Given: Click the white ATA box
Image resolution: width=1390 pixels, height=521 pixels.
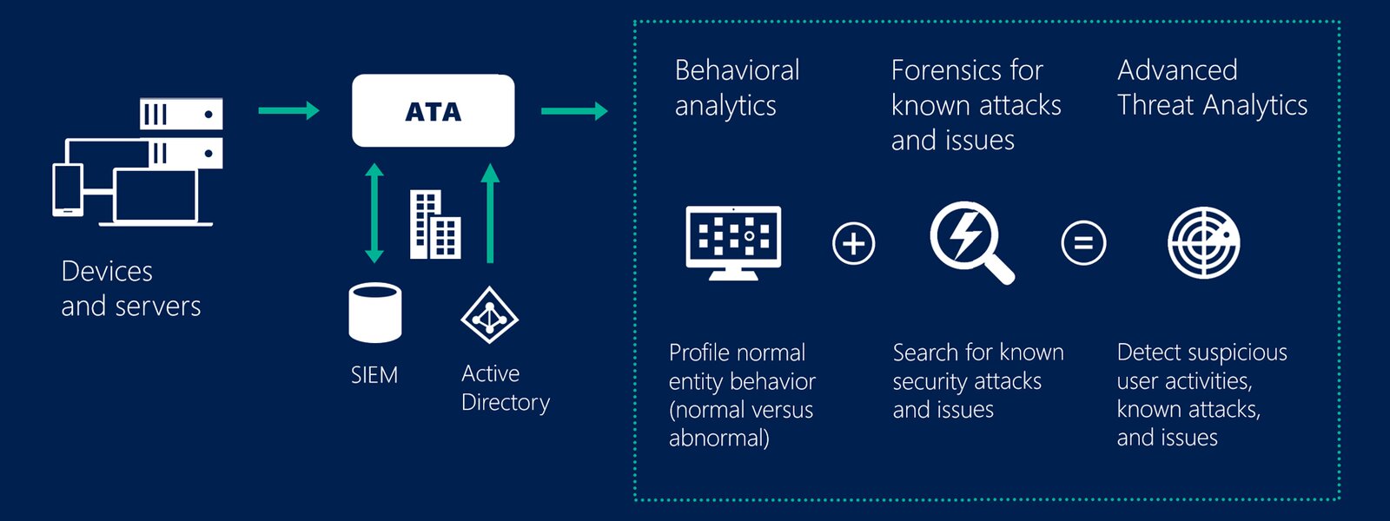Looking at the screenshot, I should point(433,111).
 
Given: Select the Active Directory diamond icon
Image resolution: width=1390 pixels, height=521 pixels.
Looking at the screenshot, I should point(489,315).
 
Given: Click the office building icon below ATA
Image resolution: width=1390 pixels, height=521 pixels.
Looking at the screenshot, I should point(434,225).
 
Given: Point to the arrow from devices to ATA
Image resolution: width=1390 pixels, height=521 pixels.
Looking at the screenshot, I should point(288,110).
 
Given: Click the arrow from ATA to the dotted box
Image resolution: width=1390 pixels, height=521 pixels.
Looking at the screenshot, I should point(573,111).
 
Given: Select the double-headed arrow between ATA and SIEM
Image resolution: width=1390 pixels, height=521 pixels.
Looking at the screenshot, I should point(374,213).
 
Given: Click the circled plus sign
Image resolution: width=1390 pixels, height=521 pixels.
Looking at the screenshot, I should point(853,243).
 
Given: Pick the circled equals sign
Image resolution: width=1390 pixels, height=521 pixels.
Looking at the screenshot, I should point(1083,243).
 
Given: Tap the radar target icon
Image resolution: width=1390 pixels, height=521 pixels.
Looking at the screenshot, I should point(1203,242).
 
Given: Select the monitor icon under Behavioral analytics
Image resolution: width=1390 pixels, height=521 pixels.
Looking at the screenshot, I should point(733,242).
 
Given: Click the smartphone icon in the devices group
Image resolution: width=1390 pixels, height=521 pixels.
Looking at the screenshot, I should point(68,189).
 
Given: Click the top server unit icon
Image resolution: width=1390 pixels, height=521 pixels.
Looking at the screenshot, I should point(182,114).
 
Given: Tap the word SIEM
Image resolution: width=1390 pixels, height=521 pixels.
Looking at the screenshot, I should point(374,375).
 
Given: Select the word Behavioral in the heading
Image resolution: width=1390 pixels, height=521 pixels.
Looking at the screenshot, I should point(737,70).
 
